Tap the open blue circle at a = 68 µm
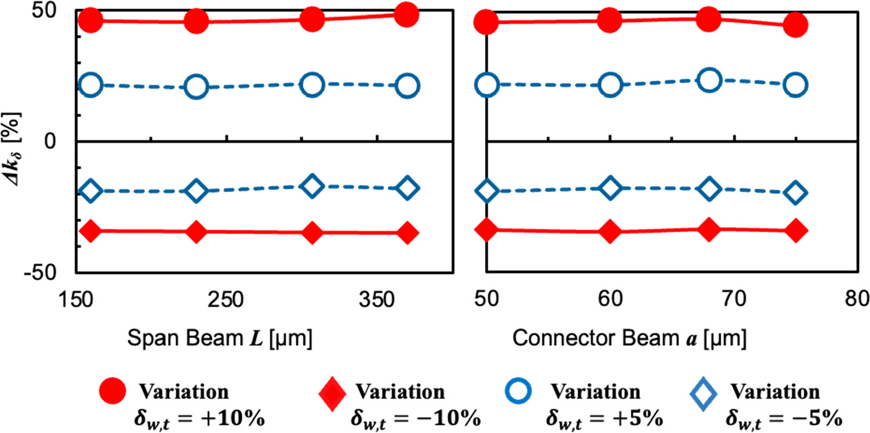pyautogui.click(x=709, y=79)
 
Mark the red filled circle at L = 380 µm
pyautogui.click(x=407, y=14)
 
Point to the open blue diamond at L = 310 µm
pyautogui.click(x=313, y=185)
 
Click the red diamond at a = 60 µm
pyautogui.click(x=610, y=231)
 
